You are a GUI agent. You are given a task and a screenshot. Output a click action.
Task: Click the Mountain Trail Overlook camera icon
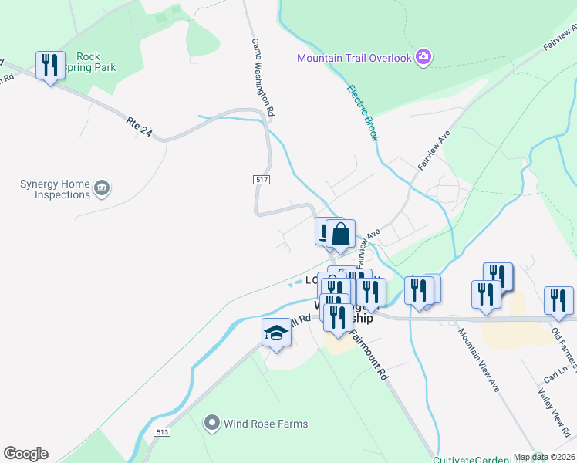[x=423, y=56]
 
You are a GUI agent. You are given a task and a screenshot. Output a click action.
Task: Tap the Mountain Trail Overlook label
[x=355, y=58]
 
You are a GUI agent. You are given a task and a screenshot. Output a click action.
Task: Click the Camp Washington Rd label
[x=262, y=78]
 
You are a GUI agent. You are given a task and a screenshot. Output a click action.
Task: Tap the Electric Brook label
[x=363, y=113]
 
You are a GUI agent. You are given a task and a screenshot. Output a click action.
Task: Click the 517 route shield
[x=261, y=179]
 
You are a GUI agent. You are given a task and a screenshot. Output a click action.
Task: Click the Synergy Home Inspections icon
[x=101, y=188]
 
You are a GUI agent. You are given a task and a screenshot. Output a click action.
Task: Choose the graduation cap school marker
[x=276, y=333]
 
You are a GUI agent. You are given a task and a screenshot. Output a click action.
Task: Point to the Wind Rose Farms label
[x=265, y=424]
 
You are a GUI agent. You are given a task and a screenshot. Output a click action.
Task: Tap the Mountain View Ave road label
[x=479, y=360]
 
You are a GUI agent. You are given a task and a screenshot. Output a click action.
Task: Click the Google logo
[x=25, y=454]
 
